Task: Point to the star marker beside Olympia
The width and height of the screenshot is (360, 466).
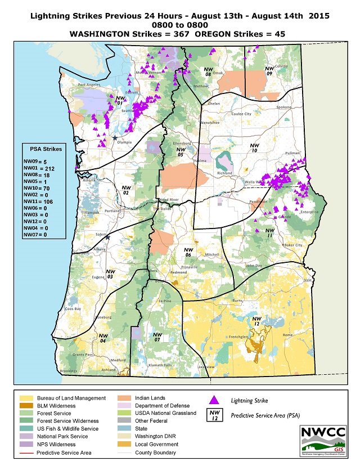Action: (115, 138)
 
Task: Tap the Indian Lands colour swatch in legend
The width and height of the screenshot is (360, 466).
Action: (124, 398)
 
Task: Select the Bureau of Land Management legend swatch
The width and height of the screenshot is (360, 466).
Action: (21, 398)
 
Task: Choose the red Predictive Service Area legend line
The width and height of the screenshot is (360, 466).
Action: (21, 452)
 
